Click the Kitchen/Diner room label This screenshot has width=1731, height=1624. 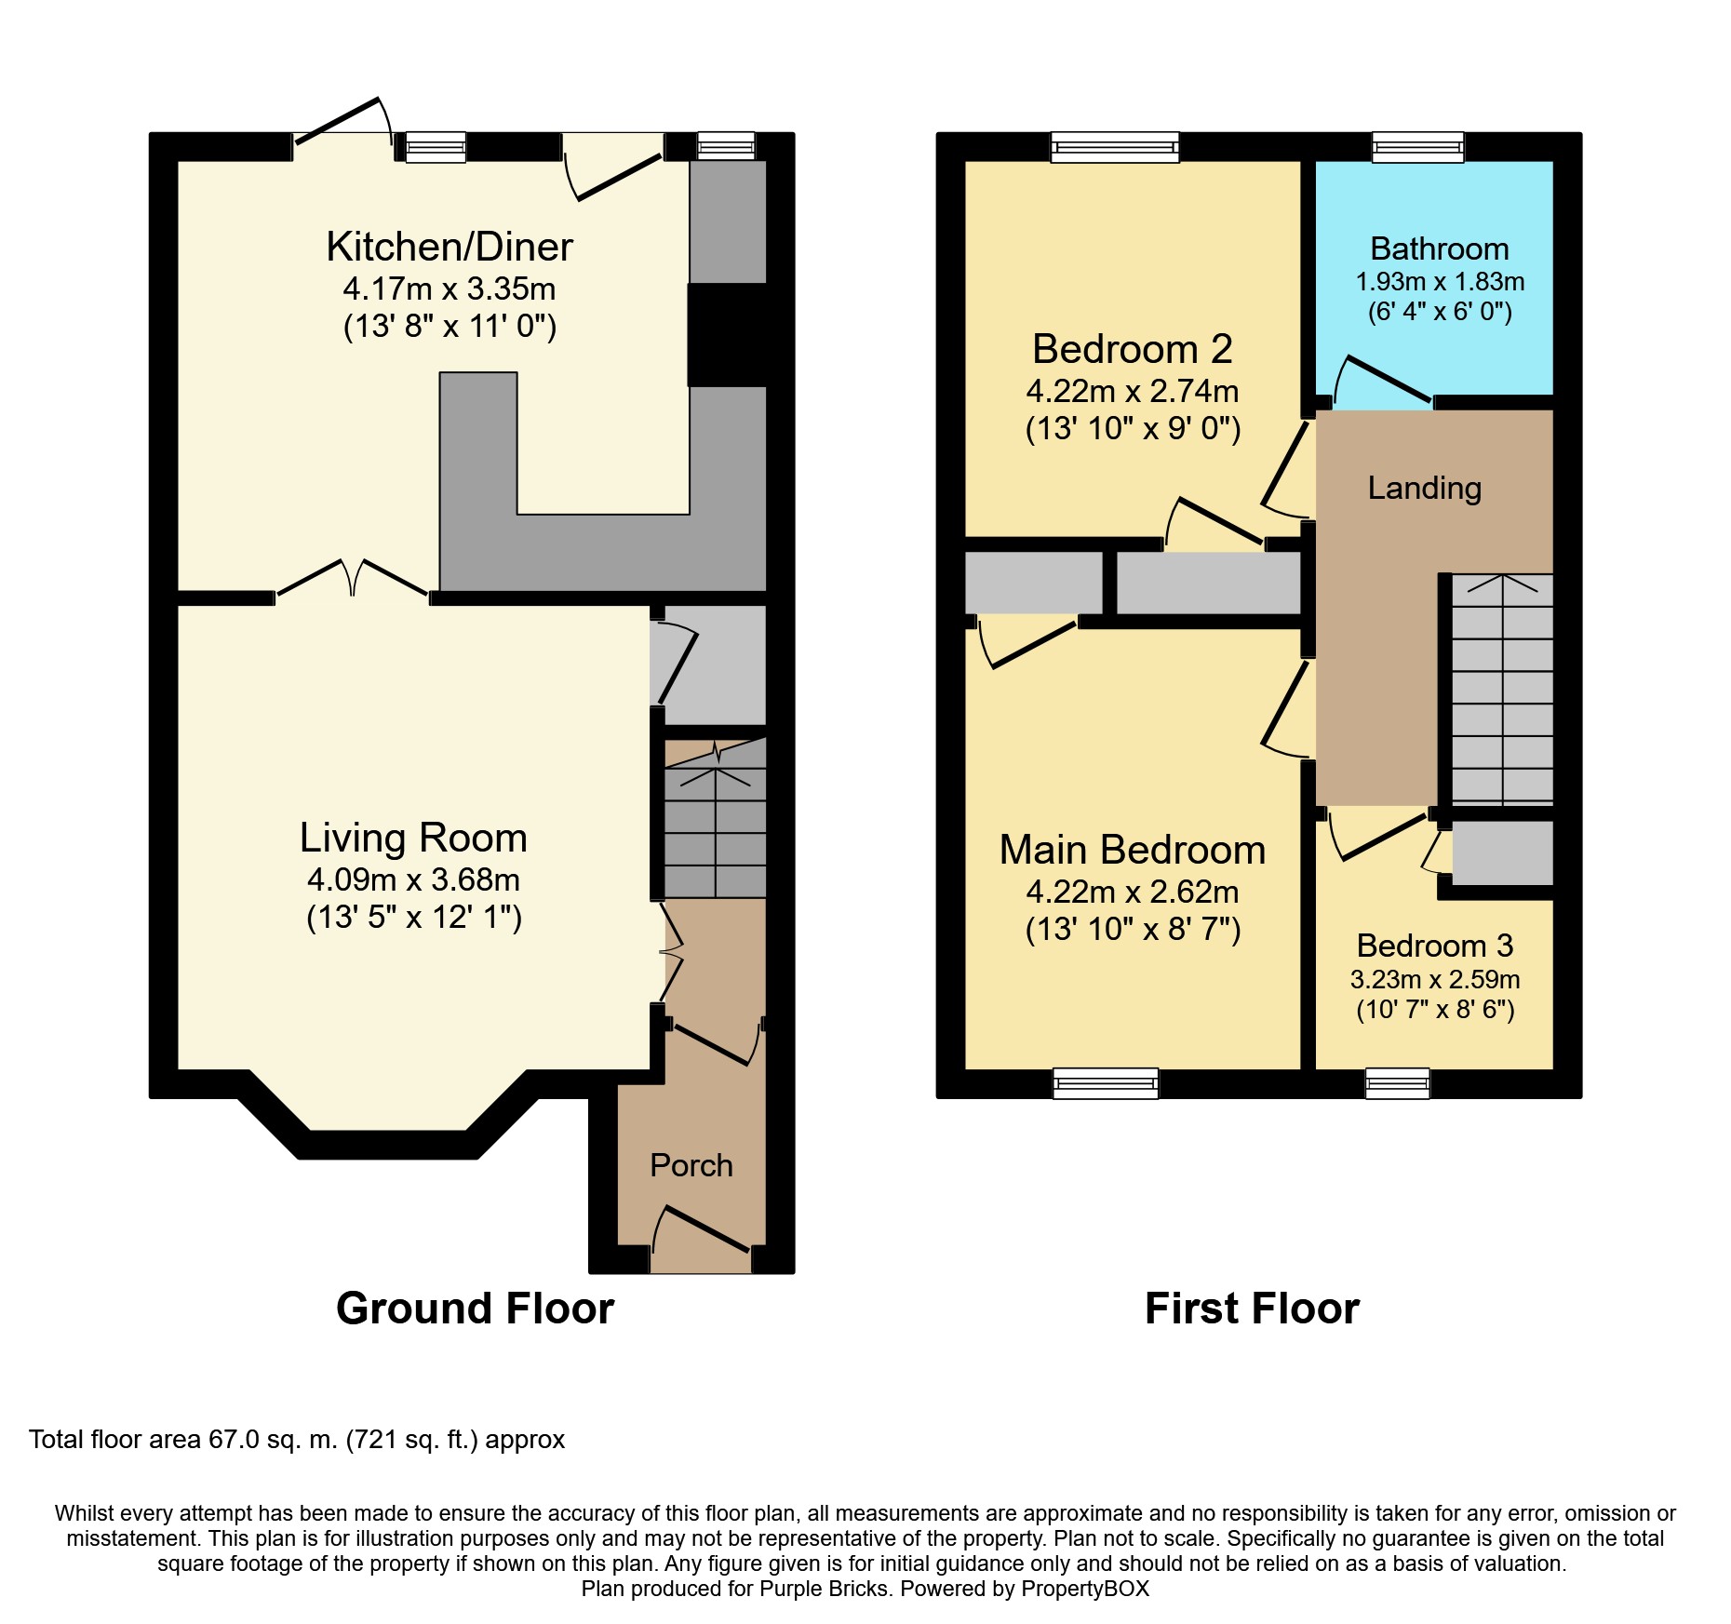pyautogui.click(x=450, y=248)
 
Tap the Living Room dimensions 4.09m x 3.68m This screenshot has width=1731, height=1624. pyautogui.click(x=413, y=879)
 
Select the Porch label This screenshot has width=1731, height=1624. pyautogui.click(x=691, y=1165)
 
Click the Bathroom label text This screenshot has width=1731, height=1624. pyautogui.click(x=1439, y=249)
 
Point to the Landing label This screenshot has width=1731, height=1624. pyautogui.click(x=1424, y=488)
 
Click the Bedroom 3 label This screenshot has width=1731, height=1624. pyautogui.click(x=1434, y=946)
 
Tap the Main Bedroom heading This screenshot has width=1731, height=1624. pyautogui.click(x=1132, y=851)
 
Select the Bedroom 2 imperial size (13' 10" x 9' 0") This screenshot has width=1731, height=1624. pyautogui.click(x=1133, y=429)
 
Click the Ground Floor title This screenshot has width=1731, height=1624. pyautogui.click(x=475, y=1309)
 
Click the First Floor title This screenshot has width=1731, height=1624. pyautogui.click(x=1252, y=1309)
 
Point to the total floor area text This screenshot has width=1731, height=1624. pyautogui.click(x=297, y=1440)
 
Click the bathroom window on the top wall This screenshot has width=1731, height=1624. pyautogui.click(x=1417, y=147)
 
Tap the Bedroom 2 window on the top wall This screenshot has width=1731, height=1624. pyautogui.click(x=1114, y=147)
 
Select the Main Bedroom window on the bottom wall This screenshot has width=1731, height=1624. pyautogui.click(x=1106, y=1083)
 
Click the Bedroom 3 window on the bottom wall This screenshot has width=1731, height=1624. pyautogui.click(x=1397, y=1083)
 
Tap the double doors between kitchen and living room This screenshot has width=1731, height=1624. pyautogui.click(x=353, y=579)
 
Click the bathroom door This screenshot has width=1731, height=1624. pyautogui.click(x=1383, y=382)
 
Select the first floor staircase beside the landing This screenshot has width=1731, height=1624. pyautogui.click(x=1501, y=689)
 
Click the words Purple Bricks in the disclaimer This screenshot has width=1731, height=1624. pyautogui.click(x=824, y=1589)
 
